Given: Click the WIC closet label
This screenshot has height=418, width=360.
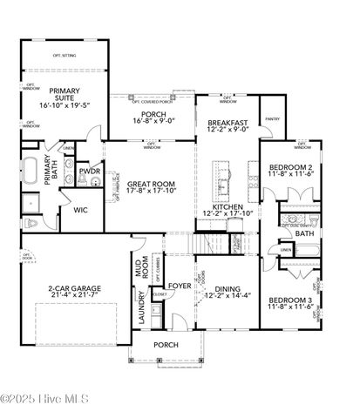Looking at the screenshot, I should (80, 210).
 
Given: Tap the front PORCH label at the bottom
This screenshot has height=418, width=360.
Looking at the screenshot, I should (165, 345).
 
